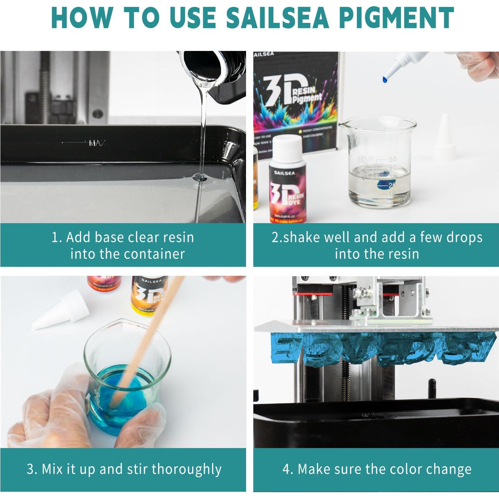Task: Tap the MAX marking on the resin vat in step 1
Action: click(x=97, y=143)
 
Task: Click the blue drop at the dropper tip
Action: click(x=385, y=80)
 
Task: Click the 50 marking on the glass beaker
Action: click(x=392, y=159)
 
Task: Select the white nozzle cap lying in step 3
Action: click(x=61, y=310)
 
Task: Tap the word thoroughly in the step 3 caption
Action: click(x=186, y=469)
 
